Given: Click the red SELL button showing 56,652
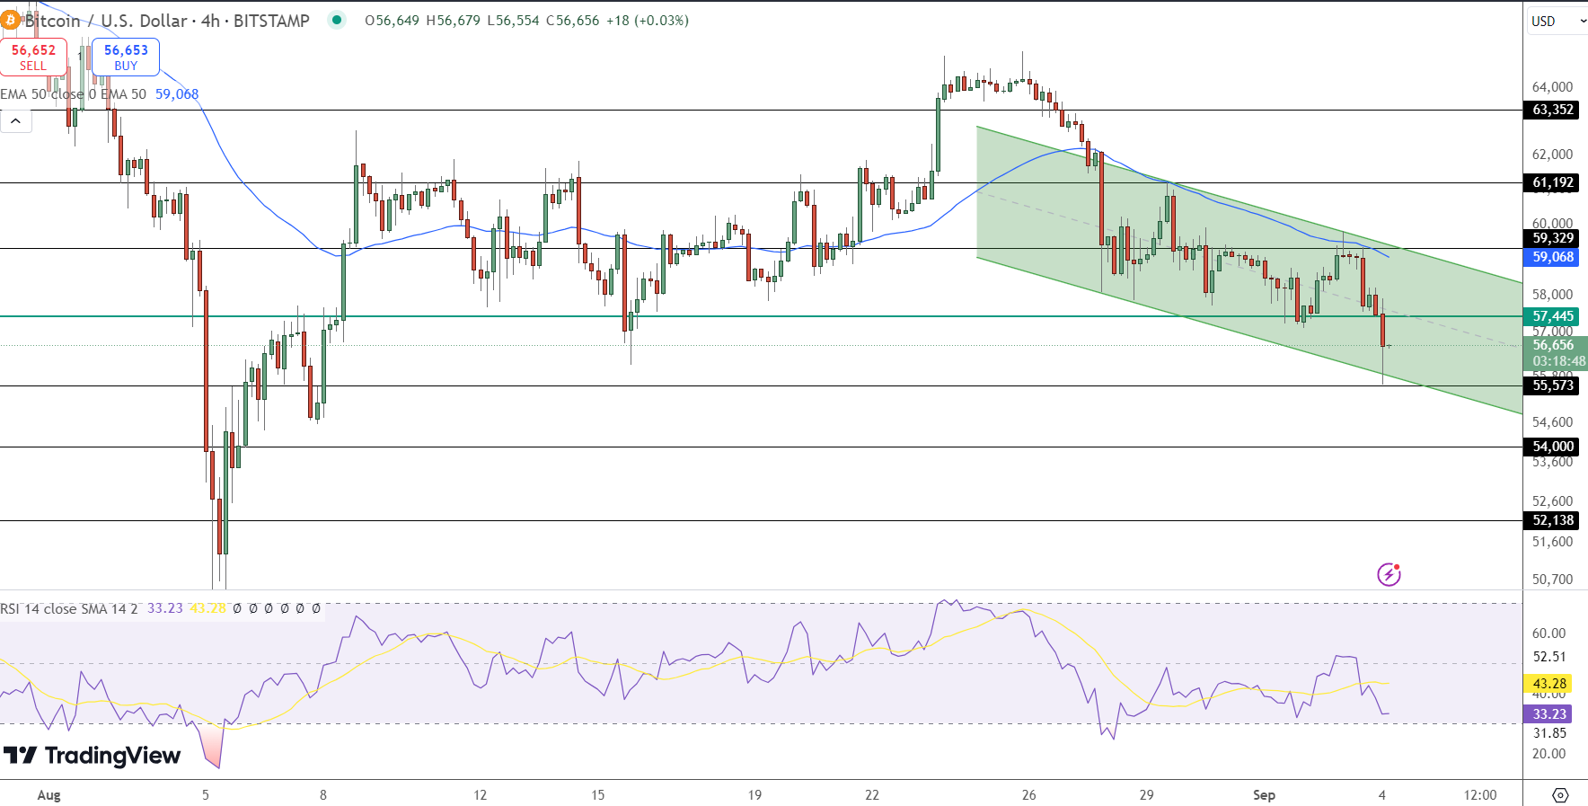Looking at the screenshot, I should pyautogui.click(x=33, y=57).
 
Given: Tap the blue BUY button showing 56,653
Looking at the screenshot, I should pyautogui.click(x=126, y=57).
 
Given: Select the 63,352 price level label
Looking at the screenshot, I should pyautogui.click(x=1553, y=110).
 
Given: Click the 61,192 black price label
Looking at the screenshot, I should pyautogui.click(x=1553, y=182).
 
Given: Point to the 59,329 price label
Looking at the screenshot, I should pyautogui.click(x=1553, y=238).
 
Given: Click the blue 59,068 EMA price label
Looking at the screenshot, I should pyautogui.click(x=1553, y=257).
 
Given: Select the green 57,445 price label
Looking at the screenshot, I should pyautogui.click(x=1553, y=316).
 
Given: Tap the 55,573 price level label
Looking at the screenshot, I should pyautogui.click(x=1553, y=385).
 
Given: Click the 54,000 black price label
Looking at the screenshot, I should pyautogui.click(x=1553, y=447).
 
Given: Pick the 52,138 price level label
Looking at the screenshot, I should pyautogui.click(x=1553, y=520).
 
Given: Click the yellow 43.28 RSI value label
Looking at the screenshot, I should pyautogui.click(x=1549, y=684).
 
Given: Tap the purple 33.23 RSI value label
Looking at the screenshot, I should pyautogui.click(x=1549, y=714).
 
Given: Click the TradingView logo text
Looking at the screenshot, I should pyautogui.click(x=93, y=756).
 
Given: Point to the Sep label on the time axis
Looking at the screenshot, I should pyautogui.click(x=1264, y=795).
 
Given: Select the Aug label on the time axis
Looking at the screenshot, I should pyautogui.click(x=49, y=795).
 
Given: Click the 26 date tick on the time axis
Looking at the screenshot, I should pyautogui.click(x=1028, y=795).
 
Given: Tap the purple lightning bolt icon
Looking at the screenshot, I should pyautogui.click(x=1389, y=574).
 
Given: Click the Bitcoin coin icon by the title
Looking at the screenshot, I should pyautogui.click(x=11, y=20).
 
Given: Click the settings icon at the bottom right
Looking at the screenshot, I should pyautogui.click(x=1560, y=795).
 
